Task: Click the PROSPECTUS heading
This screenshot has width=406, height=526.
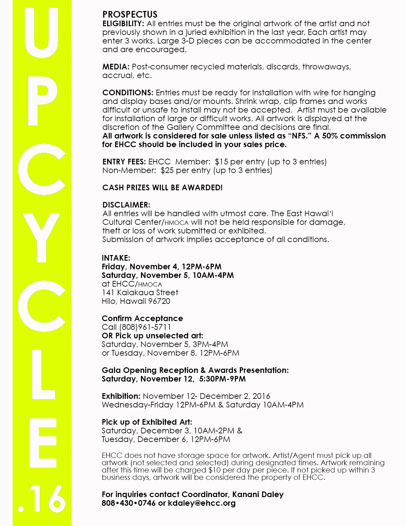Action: coord(130,15)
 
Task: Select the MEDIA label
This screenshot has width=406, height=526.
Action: coord(116,67)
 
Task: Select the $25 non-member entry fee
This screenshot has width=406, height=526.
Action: coord(167,171)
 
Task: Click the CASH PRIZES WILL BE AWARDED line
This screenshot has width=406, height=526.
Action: coord(163,188)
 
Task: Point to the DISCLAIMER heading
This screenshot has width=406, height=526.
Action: coord(126,205)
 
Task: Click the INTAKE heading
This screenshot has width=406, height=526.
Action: coord(116,258)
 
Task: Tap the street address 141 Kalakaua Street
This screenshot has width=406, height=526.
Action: coord(140,293)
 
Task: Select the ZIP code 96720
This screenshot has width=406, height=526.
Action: coord(159,302)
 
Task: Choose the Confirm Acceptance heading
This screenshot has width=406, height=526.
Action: coord(142,319)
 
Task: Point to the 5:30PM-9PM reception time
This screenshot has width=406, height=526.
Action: coord(223,379)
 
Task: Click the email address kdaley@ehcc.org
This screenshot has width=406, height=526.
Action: coord(202,503)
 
